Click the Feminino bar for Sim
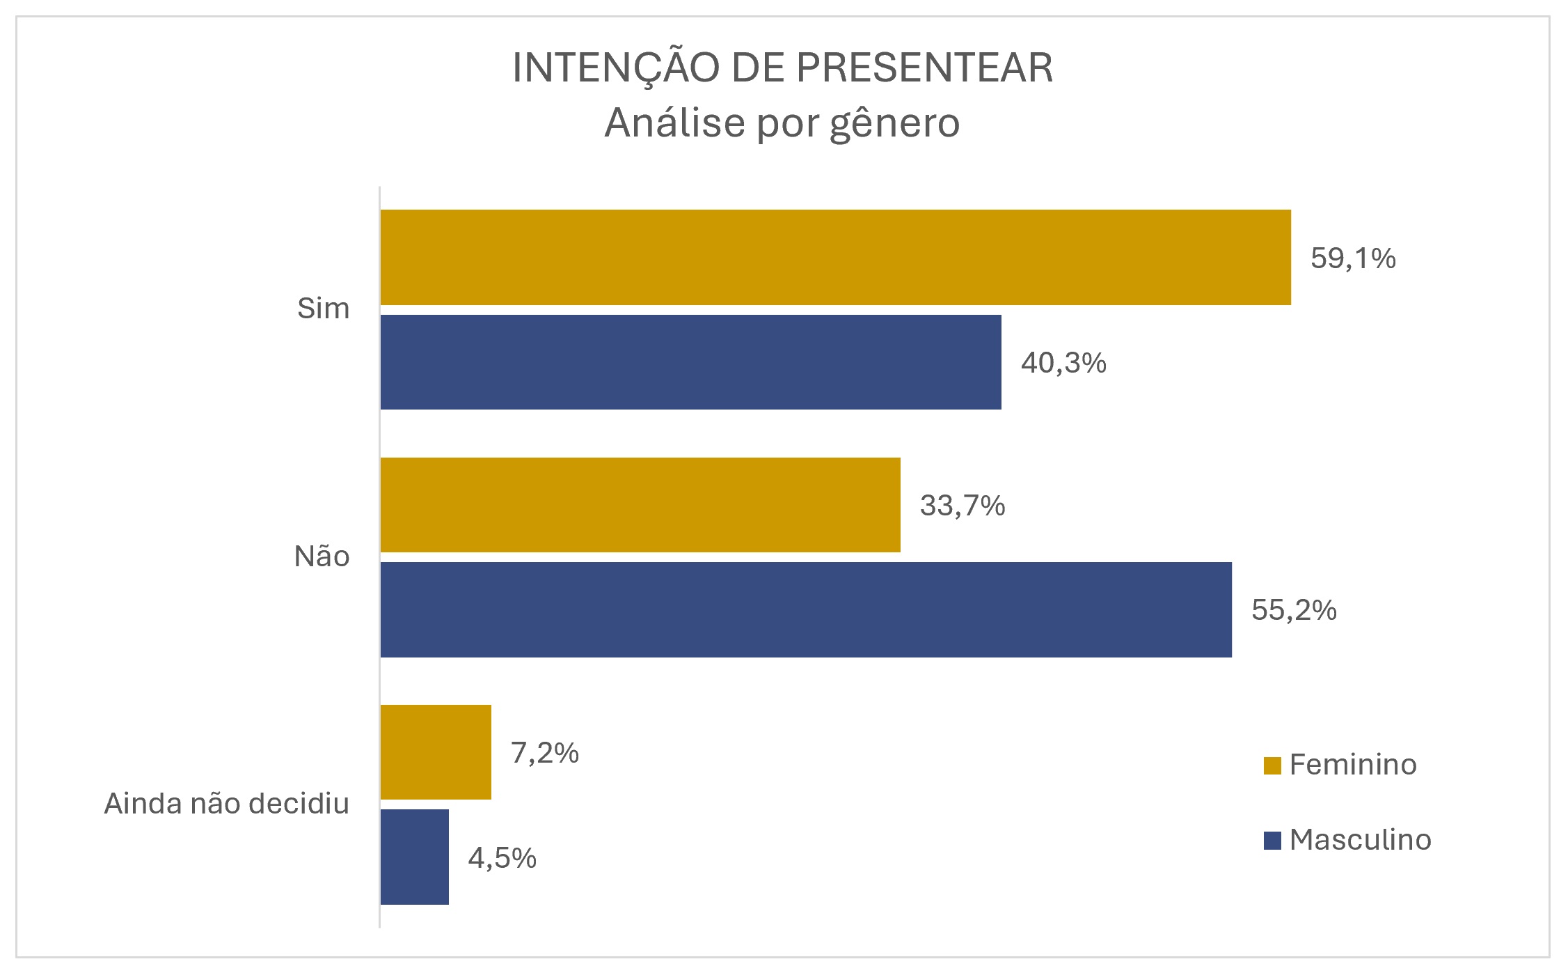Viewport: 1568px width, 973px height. pos(835,257)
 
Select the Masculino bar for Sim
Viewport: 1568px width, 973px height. pos(690,362)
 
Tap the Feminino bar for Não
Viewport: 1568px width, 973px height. pos(640,505)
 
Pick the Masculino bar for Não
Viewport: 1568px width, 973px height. pos(806,609)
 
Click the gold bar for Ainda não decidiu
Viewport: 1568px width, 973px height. pos(436,752)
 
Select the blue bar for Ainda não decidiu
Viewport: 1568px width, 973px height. pos(415,857)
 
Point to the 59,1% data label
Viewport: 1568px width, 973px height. pos(1353,258)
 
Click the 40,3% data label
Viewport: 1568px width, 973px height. pos(1063,363)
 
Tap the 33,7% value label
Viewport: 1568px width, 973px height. pos(963,506)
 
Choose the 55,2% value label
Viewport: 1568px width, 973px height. pos(1294,610)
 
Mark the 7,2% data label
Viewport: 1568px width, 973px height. pos(545,753)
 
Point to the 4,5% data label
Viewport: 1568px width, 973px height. pos(502,858)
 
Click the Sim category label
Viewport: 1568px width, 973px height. pos(323,309)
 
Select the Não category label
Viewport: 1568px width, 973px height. pos(322,556)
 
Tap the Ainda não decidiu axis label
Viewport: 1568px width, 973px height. pos(226,804)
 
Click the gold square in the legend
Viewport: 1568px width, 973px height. pos(1272,765)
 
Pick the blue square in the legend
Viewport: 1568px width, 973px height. pos(1272,841)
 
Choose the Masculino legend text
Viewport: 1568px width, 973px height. pos(1360,840)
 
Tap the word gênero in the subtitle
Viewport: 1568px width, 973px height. pos(895,124)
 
